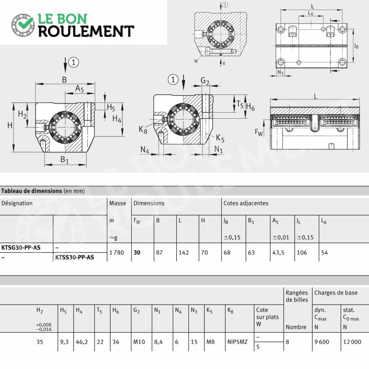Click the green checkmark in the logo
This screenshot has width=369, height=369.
coord(25,23)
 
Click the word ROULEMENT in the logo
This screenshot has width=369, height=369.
coord(86,31)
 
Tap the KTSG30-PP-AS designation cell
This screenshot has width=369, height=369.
coord(21,248)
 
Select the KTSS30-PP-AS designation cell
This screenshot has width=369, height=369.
coord(75,257)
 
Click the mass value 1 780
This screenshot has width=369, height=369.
coord(117,252)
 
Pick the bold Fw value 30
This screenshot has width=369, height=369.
coord(137,252)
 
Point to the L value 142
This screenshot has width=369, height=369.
coord(184,252)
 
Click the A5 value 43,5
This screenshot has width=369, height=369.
coord(278,252)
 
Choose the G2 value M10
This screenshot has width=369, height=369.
coord(139,342)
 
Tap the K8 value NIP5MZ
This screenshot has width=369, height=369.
coord(238,342)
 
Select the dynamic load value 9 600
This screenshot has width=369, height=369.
coord(321,342)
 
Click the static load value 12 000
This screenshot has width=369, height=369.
coord(352,342)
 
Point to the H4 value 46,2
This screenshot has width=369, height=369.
coord(82,342)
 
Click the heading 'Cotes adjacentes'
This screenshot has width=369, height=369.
coord(246,203)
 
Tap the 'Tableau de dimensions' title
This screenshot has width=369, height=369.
coord(31,191)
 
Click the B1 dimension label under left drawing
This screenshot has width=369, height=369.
coord(64,160)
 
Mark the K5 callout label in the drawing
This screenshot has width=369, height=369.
coord(220,138)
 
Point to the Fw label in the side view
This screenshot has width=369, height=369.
coord(259,132)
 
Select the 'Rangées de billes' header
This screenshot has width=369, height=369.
coord(297,296)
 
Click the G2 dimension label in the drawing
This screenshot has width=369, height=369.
coord(205,81)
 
